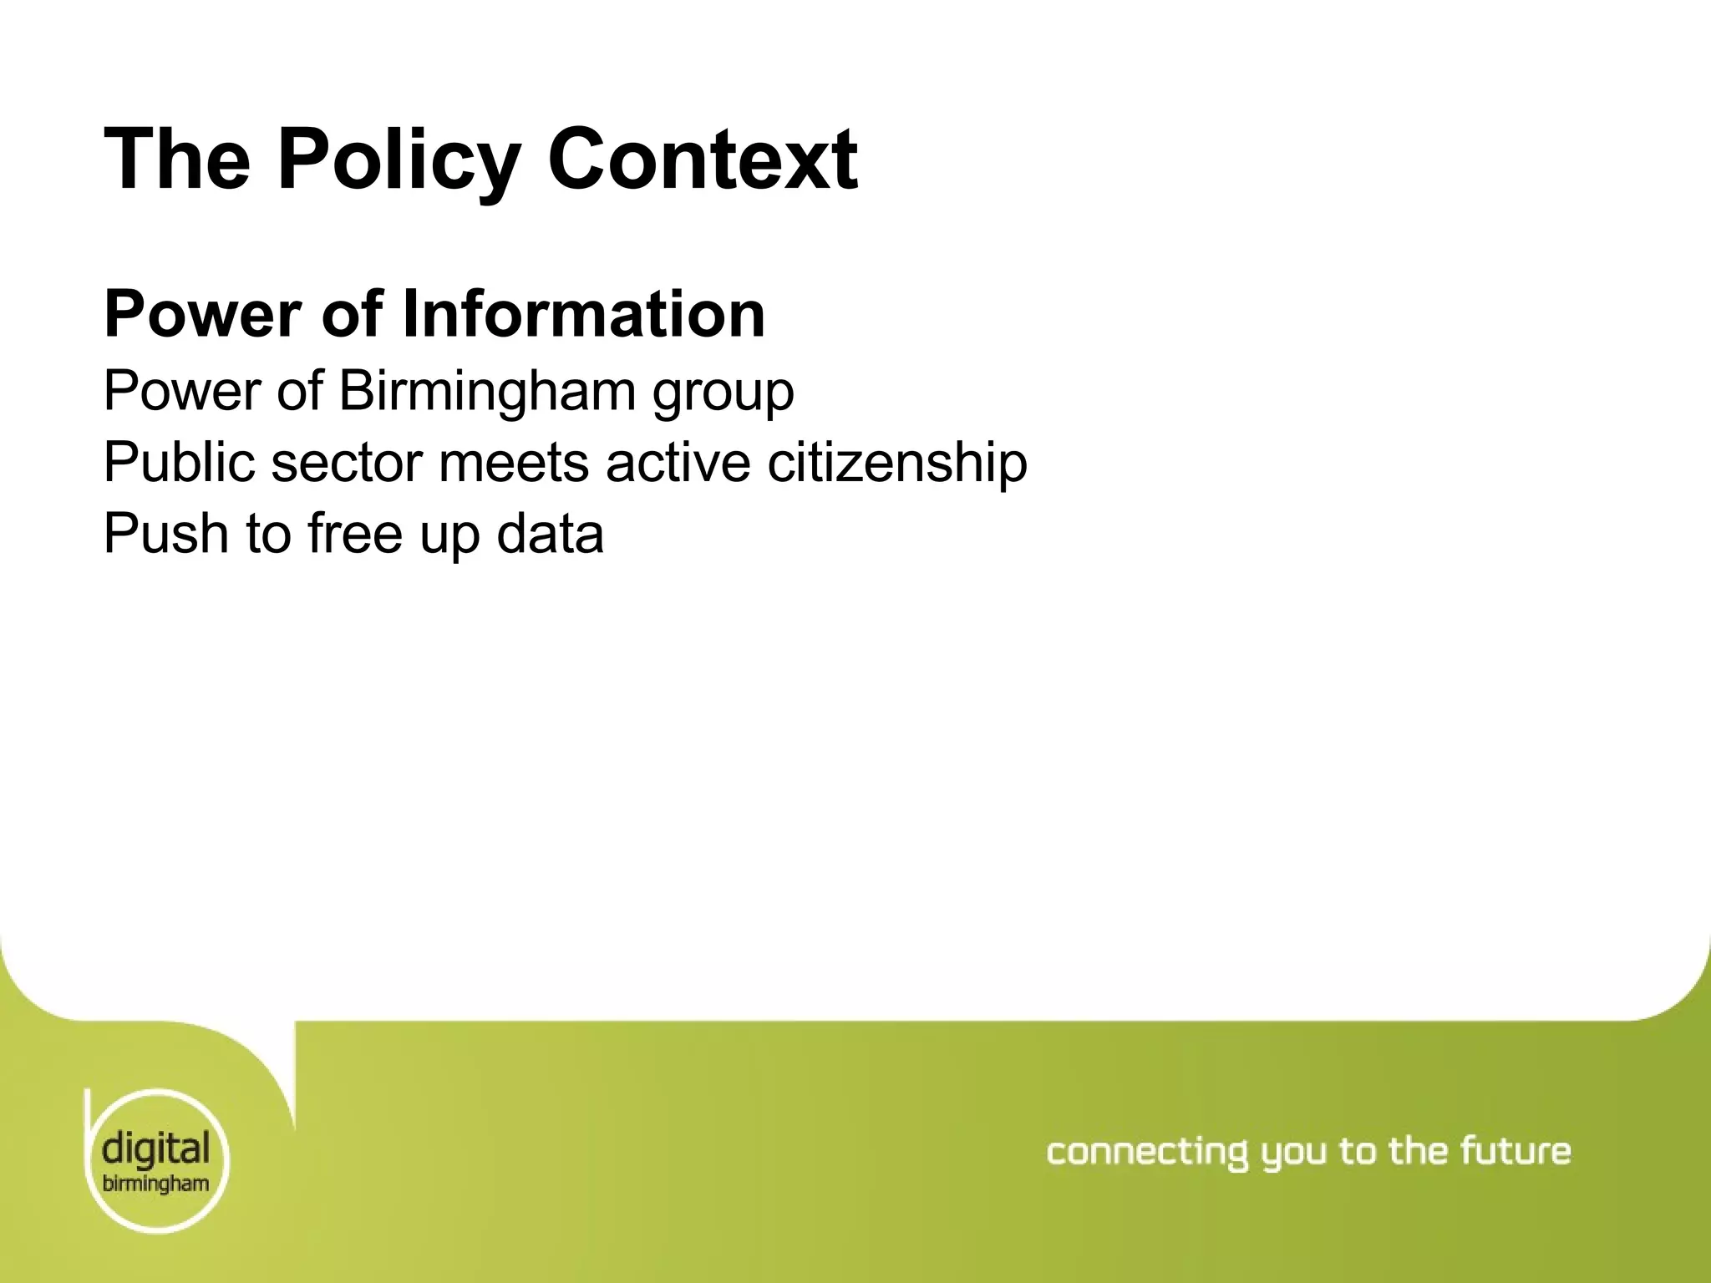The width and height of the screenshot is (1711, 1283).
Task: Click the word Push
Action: pos(165,534)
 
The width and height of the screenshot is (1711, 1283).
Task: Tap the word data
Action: pos(550,534)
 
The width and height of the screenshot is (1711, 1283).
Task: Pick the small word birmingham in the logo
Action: pos(155,1184)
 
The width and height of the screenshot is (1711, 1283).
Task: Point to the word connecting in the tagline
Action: pos(1147,1153)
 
